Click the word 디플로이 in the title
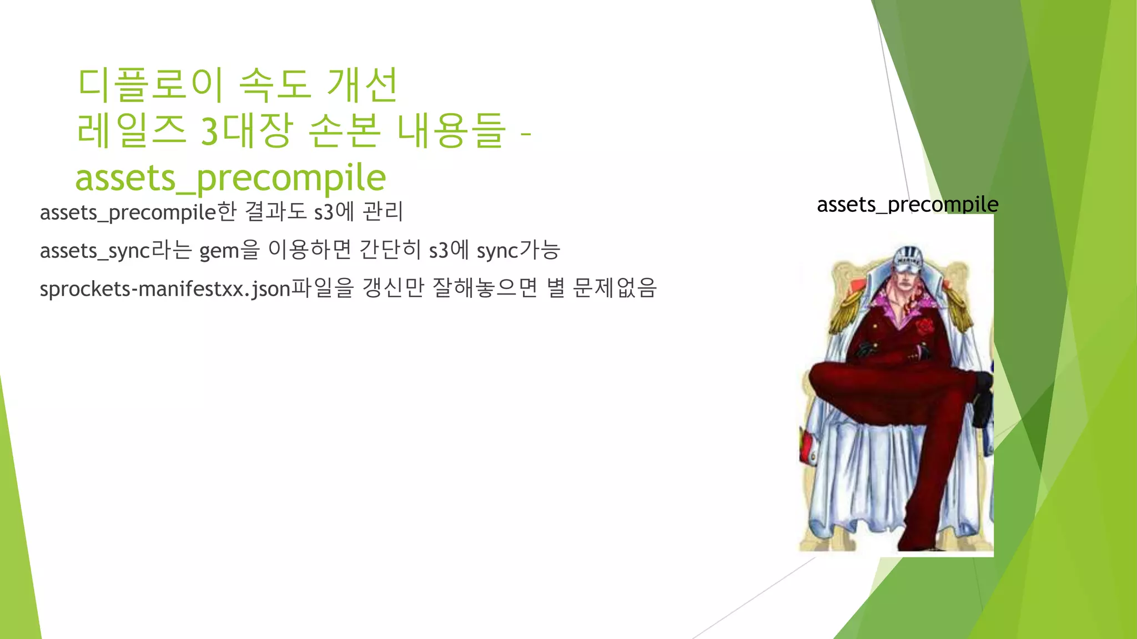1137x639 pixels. [x=150, y=85]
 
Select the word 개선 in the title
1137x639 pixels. [x=362, y=85]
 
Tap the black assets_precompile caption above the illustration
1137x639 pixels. [x=907, y=205]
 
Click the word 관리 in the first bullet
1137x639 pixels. [x=383, y=212]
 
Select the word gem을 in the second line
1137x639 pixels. [x=229, y=251]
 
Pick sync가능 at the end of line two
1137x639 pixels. [x=518, y=251]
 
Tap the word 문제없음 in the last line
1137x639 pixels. [x=615, y=288]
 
